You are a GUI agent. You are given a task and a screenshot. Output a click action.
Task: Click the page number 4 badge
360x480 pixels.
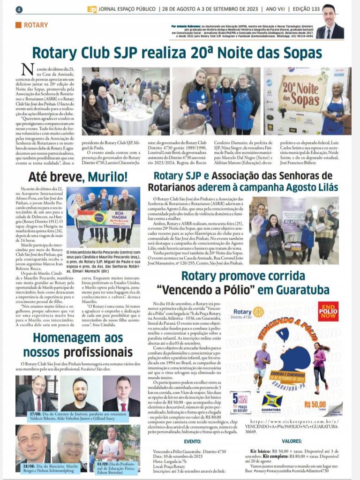coord(19,9)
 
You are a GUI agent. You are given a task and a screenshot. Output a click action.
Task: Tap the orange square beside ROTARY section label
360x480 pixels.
coord(18,25)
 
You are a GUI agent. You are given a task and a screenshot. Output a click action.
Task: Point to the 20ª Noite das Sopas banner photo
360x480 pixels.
coord(307,101)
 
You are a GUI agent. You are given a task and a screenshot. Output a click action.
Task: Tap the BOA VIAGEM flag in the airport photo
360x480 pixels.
coord(101,218)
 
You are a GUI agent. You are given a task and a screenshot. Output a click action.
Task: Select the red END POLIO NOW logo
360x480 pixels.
coord(328,311)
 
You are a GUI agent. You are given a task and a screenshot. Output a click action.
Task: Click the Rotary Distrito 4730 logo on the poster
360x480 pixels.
coord(248,313)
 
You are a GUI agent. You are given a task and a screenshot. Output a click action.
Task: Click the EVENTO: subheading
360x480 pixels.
coord(193,441)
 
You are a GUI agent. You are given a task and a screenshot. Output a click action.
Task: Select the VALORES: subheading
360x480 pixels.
coord(292,441)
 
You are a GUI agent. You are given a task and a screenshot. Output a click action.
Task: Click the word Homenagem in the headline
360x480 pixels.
coord(58,338)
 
